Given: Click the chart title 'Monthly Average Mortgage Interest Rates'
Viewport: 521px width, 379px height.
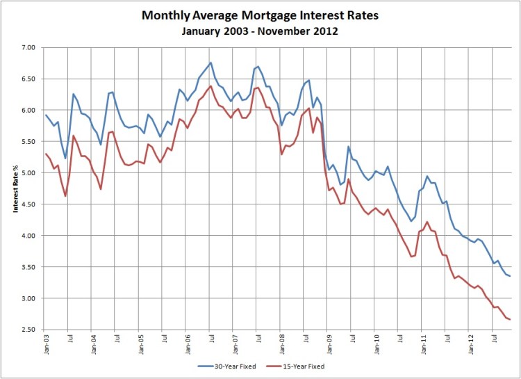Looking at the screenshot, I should [x=260, y=15].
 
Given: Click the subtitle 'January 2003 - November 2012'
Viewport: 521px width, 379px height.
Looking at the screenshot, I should [x=260, y=31].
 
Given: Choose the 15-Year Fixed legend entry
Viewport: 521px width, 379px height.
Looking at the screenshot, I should [x=301, y=365].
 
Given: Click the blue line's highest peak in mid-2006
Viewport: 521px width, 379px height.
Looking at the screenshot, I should [x=210, y=63].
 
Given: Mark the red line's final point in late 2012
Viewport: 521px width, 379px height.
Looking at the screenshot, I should [x=511, y=319].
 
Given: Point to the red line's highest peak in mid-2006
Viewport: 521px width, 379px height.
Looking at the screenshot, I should [x=210, y=86].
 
